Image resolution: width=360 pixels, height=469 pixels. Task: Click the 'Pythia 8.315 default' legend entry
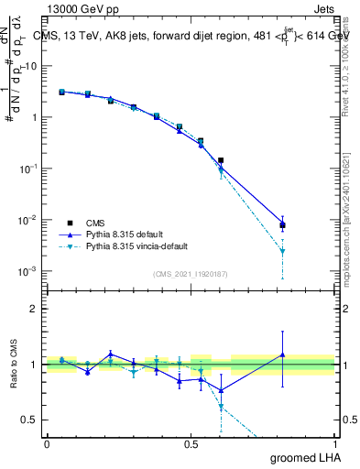pos(127,234)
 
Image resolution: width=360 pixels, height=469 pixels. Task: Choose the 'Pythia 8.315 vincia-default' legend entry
pos(141,247)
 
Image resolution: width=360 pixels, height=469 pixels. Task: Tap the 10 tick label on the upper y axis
pos(31,66)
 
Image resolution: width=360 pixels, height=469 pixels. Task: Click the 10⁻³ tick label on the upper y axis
pos(29,271)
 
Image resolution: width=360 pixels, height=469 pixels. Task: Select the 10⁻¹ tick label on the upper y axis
pos(29,169)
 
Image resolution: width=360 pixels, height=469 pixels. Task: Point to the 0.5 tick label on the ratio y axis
pos(32,420)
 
